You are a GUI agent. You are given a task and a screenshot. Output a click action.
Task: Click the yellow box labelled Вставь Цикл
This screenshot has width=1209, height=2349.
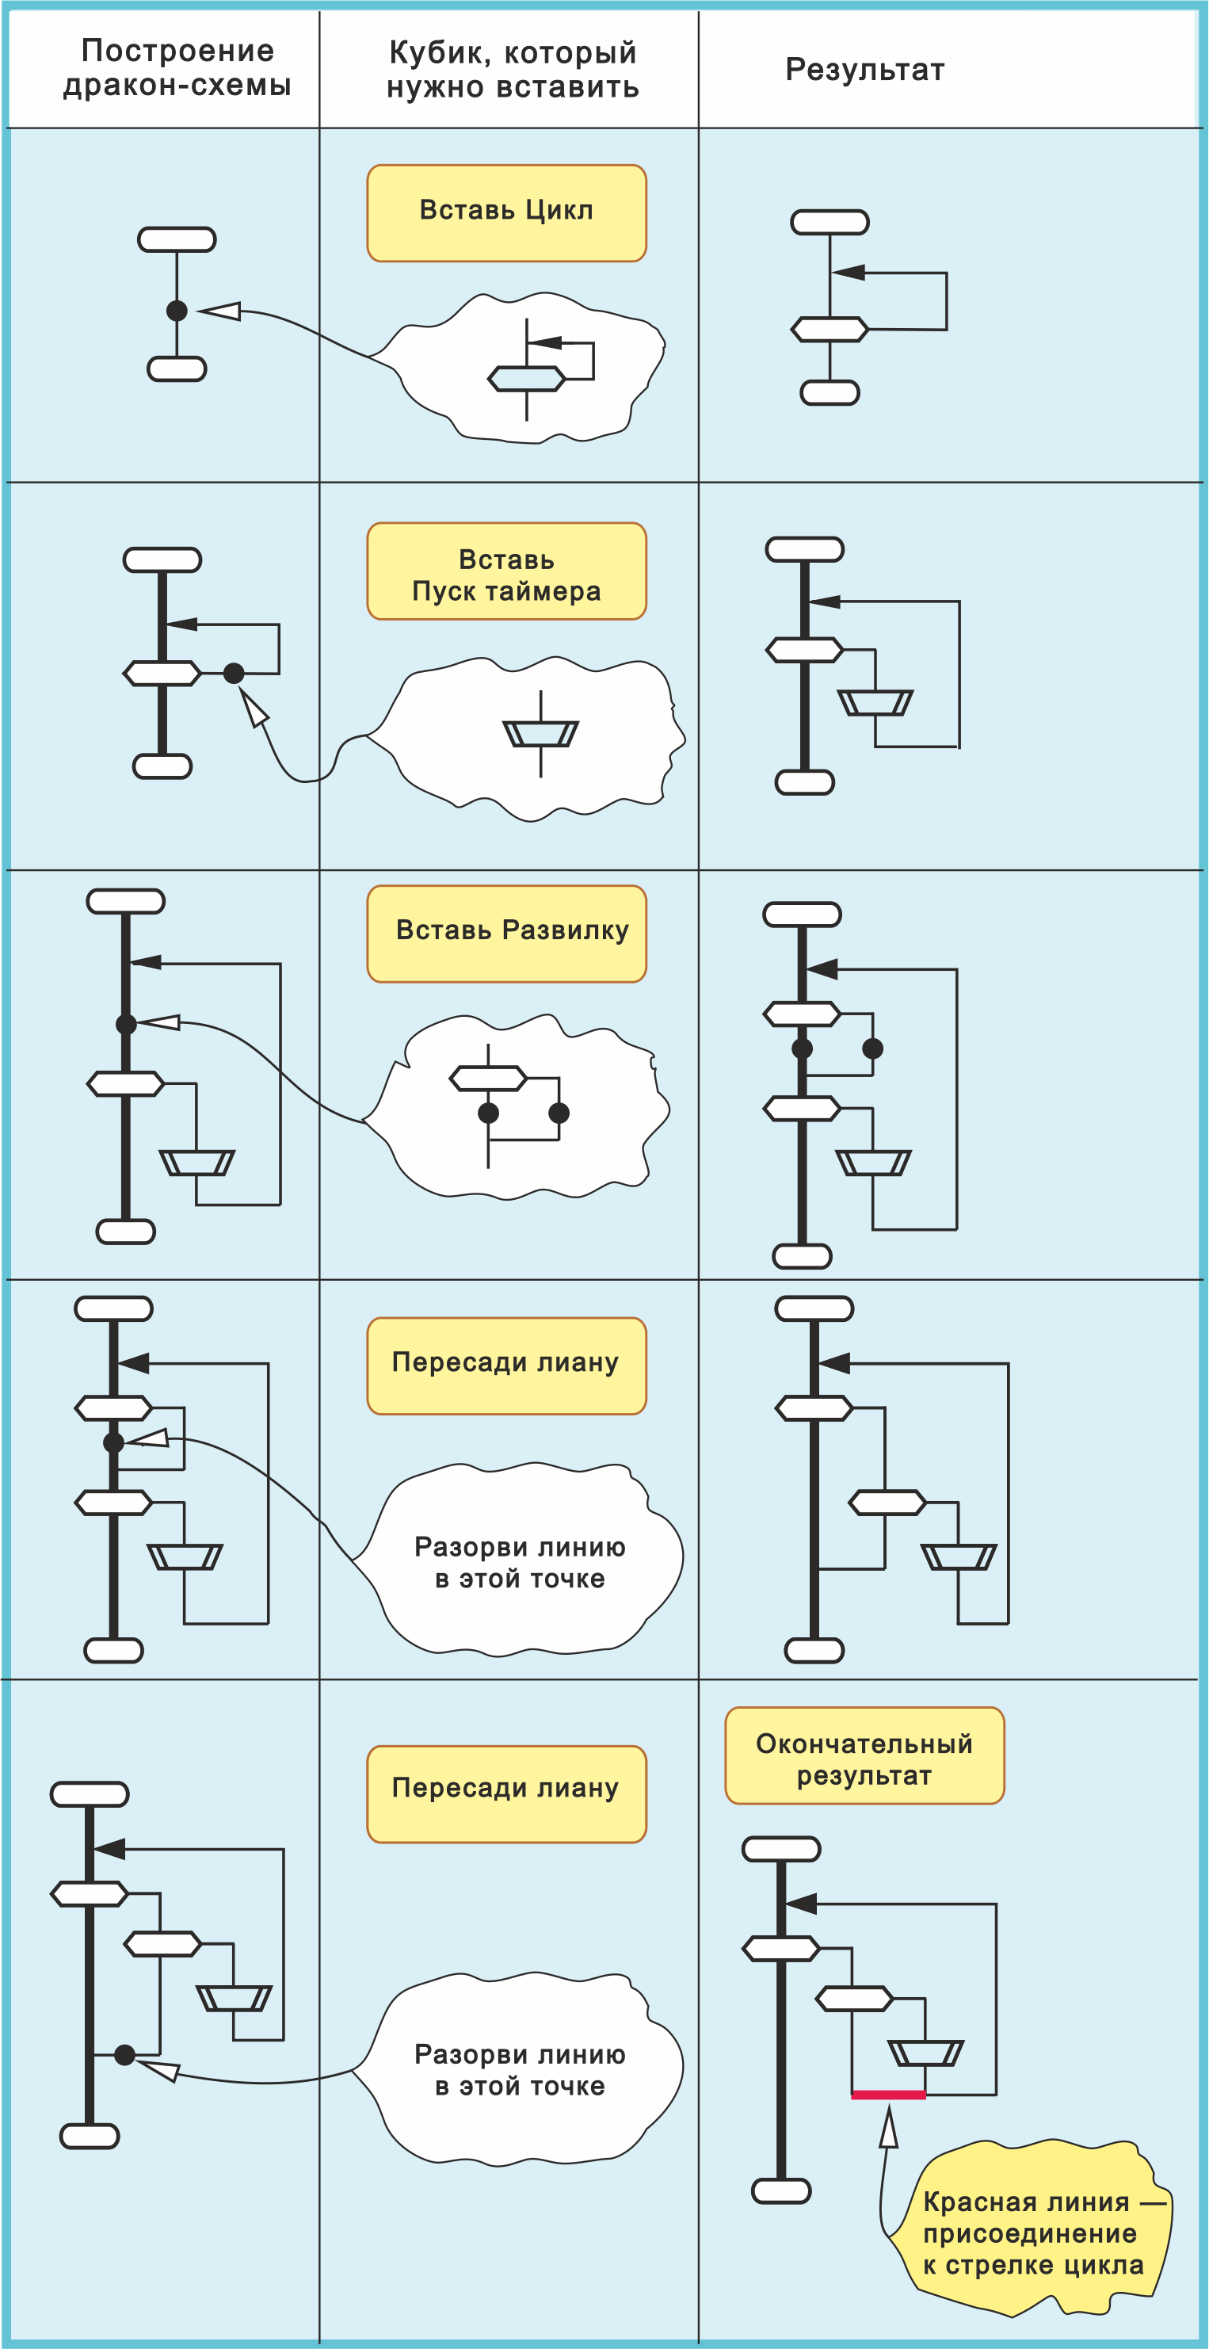coord(506,213)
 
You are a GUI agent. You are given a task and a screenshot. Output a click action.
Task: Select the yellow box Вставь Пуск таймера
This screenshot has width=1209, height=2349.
coord(506,571)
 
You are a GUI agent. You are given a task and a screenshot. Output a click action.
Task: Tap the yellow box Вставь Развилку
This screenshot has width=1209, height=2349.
coord(506,934)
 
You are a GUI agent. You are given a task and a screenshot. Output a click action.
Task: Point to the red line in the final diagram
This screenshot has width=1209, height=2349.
coord(888,2095)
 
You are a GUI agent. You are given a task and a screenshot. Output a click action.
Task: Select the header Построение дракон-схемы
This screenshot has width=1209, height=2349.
coord(177,68)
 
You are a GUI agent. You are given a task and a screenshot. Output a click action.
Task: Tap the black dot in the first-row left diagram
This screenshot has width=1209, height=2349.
coord(177,311)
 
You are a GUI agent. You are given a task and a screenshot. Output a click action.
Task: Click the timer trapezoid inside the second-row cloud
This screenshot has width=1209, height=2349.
coord(540,733)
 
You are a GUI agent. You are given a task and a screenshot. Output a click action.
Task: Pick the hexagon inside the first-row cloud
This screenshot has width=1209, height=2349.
coord(526,379)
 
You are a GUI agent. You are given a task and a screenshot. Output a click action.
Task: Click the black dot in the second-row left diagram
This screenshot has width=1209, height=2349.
coord(235,673)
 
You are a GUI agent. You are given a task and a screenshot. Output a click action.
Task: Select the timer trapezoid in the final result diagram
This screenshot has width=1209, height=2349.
coord(925,2053)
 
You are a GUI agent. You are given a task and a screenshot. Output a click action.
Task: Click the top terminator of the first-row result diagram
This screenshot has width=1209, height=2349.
coord(830,223)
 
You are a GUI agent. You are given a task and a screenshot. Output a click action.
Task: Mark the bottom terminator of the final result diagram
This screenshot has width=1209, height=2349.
coord(781,2190)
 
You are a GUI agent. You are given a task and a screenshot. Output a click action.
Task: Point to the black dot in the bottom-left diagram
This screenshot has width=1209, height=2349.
coord(125,2054)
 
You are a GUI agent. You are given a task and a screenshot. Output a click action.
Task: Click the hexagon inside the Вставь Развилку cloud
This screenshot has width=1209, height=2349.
coord(488,1079)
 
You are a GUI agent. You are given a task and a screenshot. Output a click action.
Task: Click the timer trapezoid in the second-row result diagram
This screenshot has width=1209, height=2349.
coord(875,703)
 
